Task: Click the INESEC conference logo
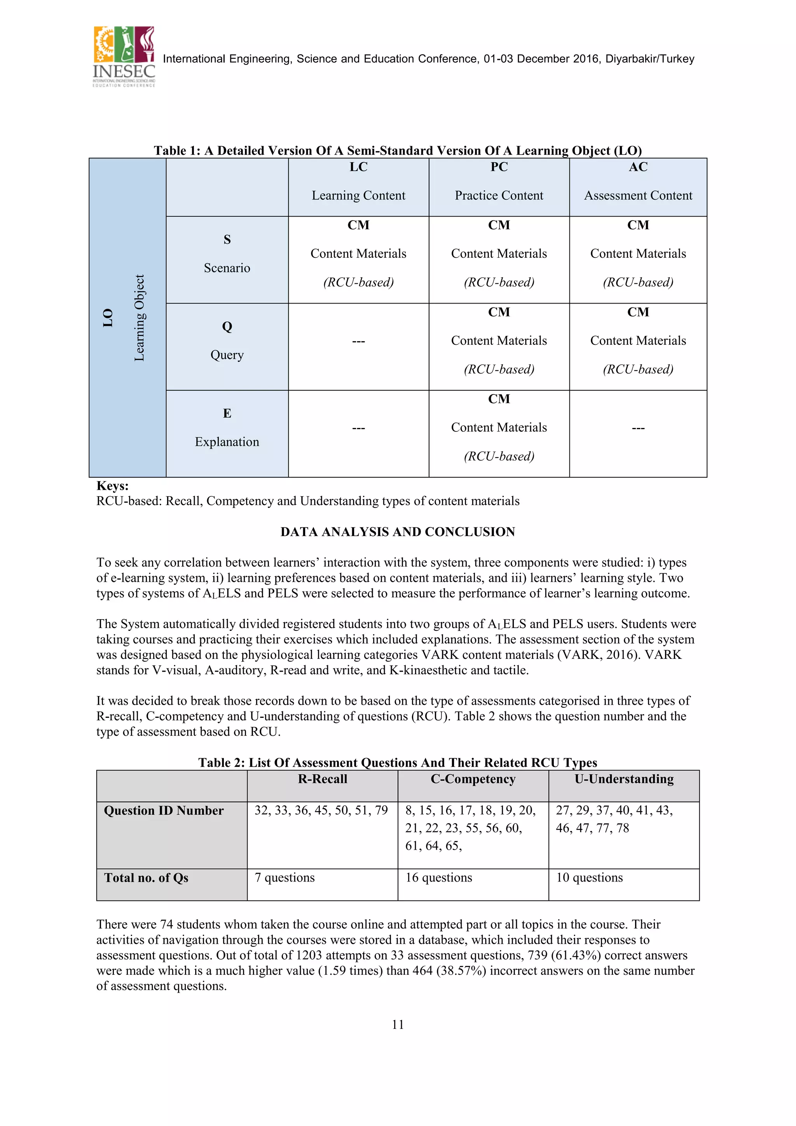[x=124, y=57]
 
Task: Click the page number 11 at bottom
[x=398, y=1024]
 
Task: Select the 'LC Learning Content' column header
[x=358, y=182]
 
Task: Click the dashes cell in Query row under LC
[x=358, y=341]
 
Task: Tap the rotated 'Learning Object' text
[x=139, y=318]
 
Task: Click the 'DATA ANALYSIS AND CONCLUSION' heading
[x=397, y=532]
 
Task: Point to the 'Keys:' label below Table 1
[x=112, y=486]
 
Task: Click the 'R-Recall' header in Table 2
[x=322, y=779]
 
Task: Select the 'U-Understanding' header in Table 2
[x=623, y=779]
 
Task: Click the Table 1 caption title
[x=397, y=150]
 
